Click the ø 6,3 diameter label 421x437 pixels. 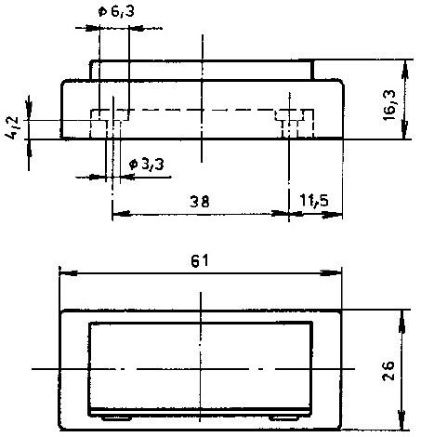pyautogui.click(x=116, y=11)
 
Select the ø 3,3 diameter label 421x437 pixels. pyautogui.click(x=147, y=164)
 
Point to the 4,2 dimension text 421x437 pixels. pyautogui.click(x=12, y=127)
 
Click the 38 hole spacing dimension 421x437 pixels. pyautogui.click(x=200, y=202)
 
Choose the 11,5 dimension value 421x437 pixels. pyautogui.click(x=314, y=201)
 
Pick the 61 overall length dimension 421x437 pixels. pyautogui.click(x=199, y=261)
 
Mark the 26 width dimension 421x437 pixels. pyautogui.click(x=388, y=370)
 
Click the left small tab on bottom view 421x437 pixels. pyautogui.click(x=116, y=418)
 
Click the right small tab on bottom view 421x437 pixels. pyautogui.click(x=283, y=418)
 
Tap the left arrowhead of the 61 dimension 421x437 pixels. pyautogui.click(x=68, y=273)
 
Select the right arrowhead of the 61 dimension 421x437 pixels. pyautogui.click(x=331, y=273)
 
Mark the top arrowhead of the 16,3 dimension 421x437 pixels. pyautogui.click(x=404, y=70)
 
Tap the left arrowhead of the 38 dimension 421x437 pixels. pyautogui.click(x=121, y=214)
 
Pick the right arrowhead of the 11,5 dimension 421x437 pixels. pyautogui.click(x=332, y=215)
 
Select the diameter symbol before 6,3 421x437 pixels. pyautogui.click(x=102, y=12)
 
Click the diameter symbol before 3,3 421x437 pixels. pyautogui.click(x=134, y=165)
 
